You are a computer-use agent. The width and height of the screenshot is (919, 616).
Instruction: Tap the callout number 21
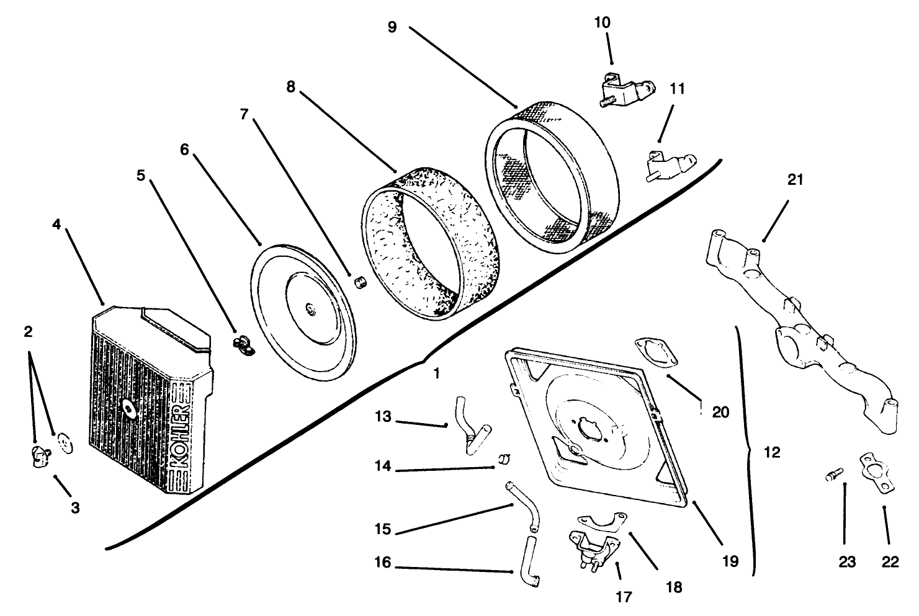click(795, 180)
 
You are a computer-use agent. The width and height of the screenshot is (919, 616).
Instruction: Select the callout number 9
click(392, 28)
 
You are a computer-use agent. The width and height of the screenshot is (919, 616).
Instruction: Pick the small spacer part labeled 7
click(358, 282)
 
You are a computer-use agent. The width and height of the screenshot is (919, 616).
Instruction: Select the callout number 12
click(771, 452)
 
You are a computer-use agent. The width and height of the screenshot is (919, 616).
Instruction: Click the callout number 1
click(437, 373)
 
